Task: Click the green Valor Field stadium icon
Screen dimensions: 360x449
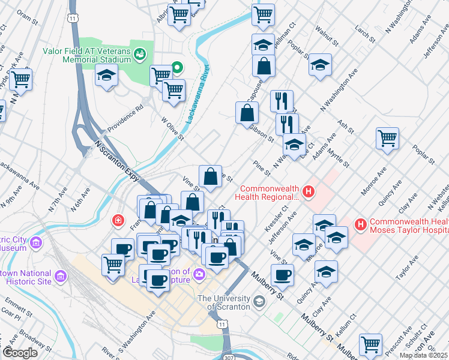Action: pos(140,55)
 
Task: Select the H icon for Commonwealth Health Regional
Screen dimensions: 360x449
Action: pos(309,192)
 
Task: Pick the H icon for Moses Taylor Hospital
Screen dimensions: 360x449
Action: pos(360,225)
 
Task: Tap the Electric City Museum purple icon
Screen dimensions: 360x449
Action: pos(36,242)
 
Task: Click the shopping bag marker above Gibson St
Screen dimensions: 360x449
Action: pos(247,112)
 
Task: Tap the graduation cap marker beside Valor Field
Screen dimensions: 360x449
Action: pos(106,76)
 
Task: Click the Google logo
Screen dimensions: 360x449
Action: pos(20,353)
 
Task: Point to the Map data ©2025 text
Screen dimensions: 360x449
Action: pos(423,355)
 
